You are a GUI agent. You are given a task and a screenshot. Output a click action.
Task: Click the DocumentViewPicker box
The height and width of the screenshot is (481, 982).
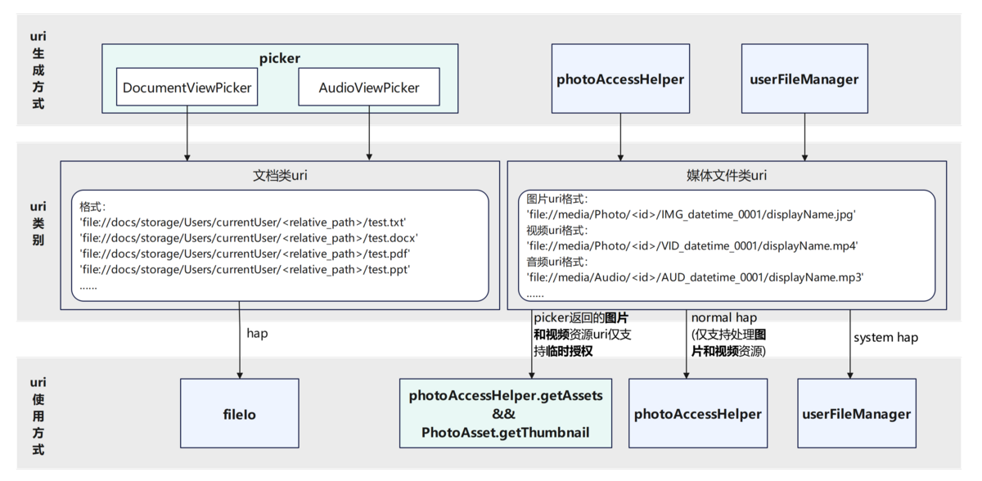187,87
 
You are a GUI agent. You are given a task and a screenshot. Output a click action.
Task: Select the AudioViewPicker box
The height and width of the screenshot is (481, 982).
369,87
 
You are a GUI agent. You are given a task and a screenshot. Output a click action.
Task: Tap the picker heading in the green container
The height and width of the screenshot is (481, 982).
280,58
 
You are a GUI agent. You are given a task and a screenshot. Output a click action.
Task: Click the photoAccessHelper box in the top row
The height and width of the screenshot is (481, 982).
619,79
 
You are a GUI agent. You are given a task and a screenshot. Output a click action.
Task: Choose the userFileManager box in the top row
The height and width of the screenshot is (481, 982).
804,79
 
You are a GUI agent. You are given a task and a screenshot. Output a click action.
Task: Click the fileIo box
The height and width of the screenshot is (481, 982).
238,414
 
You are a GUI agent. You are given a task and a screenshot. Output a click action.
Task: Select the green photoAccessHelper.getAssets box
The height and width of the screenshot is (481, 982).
506,413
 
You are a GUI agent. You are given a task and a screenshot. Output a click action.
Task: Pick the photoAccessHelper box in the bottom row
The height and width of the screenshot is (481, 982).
697,413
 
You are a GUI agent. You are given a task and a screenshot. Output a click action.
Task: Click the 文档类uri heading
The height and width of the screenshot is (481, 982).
280,176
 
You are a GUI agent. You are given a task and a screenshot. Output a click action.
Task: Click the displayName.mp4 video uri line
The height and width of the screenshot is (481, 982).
691,245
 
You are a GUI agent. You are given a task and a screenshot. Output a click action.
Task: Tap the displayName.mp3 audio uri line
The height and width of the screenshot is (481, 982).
696,277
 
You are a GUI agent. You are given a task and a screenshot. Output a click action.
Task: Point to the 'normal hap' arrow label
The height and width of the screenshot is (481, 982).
723,318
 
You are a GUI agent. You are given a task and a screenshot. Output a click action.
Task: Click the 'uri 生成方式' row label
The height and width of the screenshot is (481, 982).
38,70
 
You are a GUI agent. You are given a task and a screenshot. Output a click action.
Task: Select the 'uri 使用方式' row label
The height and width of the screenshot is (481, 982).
38,416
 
